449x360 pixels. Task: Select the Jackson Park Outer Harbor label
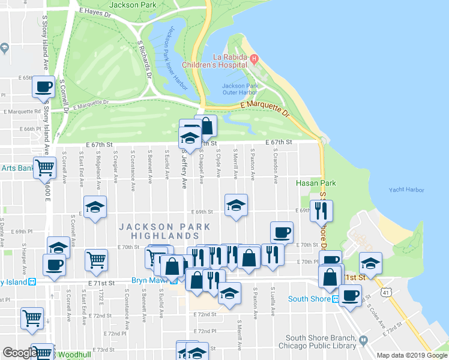(x=240, y=89)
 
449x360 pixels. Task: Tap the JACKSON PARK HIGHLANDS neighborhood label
(x=164, y=231)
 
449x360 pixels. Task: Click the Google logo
(x=19, y=353)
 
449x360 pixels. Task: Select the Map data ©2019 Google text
(x=411, y=355)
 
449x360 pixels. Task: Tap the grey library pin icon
(x=363, y=341)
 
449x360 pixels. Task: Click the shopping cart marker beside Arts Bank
(x=44, y=169)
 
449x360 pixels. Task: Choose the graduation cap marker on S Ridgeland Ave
(x=95, y=207)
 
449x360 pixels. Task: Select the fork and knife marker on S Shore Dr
(x=322, y=210)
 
